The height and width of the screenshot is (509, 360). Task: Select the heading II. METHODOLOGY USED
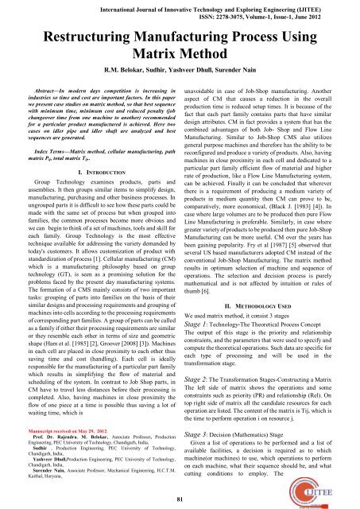pos(269,302)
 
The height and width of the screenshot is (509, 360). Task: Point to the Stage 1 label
pos(201,324)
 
